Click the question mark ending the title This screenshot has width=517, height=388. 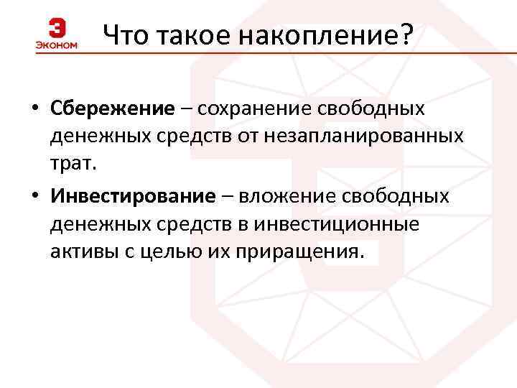pos(407,34)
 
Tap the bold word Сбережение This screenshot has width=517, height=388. pos(113,108)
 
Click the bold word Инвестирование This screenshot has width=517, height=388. pos(133,196)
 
